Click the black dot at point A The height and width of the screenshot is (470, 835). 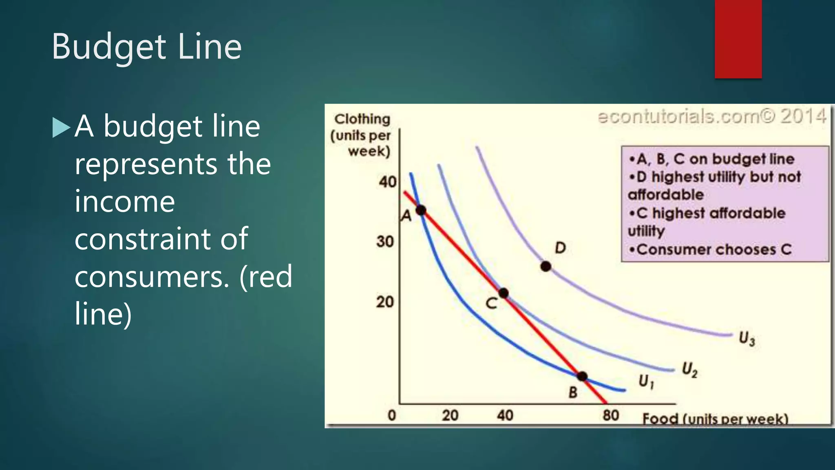pos(421,211)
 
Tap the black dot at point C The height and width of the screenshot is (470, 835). pos(504,293)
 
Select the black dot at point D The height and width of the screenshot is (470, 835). pos(546,266)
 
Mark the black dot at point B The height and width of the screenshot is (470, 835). pos(582,376)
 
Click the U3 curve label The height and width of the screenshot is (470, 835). pos(747,339)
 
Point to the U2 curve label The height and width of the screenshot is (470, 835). pos(690,369)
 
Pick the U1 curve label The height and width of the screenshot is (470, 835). pos(646,381)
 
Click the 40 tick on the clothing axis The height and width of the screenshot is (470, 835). pos(387,182)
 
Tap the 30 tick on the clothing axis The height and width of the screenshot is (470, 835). pos(385,242)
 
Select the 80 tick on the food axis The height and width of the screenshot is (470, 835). pos(611,415)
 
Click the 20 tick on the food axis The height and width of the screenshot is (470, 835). pos(450,415)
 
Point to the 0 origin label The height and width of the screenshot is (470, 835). pos(392,415)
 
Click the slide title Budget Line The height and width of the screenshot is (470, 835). pos(147,47)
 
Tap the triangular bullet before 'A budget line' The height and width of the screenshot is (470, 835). pos(61,127)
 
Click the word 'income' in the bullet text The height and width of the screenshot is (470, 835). pos(125,202)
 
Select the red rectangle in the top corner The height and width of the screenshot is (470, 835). pos(738,39)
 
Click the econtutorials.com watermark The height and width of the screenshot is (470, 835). pos(711,117)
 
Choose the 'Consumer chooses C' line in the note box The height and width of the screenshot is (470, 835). pos(710,249)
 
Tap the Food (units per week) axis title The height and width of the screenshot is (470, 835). pos(715,419)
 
